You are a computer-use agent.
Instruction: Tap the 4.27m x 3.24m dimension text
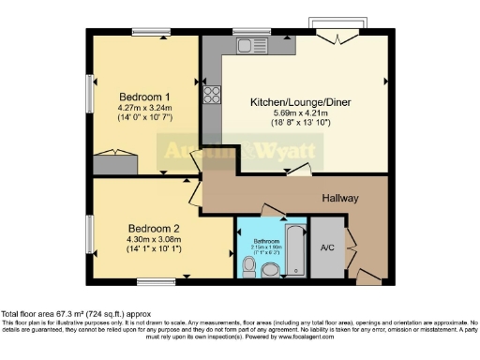coord(144,109)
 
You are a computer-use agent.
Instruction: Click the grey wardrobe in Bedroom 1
coord(113,167)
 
